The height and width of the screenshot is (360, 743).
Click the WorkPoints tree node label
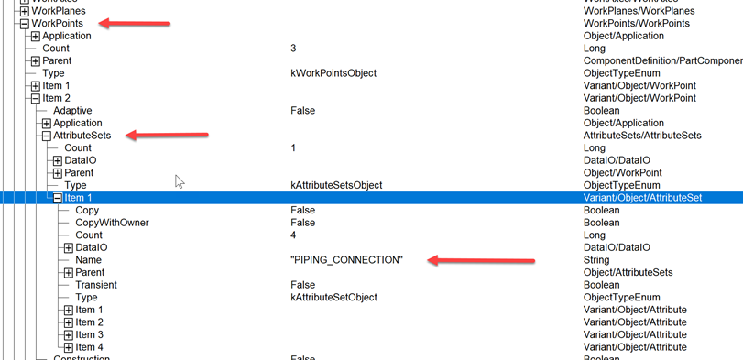click(x=56, y=23)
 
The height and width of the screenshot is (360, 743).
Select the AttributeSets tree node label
click(x=83, y=136)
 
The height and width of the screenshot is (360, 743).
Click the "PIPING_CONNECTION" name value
click(x=346, y=260)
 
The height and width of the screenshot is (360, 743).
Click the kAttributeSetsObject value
click(x=336, y=185)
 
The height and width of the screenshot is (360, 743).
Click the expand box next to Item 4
click(x=69, y=347)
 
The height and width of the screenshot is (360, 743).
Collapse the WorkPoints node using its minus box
click(x=24, y=23)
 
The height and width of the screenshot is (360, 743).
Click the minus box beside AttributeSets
click(x=46, y=136)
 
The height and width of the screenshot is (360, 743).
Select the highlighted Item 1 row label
click(x=78, y=198)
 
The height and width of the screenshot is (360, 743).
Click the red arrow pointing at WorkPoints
click(x=134, y=23)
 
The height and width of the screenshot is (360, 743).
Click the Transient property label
click(x=98, y=285)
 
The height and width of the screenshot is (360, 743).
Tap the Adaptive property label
click(x=71, y=111)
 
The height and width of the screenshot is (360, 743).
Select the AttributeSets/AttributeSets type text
click(x=642, y=136)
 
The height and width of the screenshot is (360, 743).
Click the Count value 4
click(x=293, y=235)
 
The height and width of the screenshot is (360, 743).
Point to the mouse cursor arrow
click(x=180, y=181)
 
